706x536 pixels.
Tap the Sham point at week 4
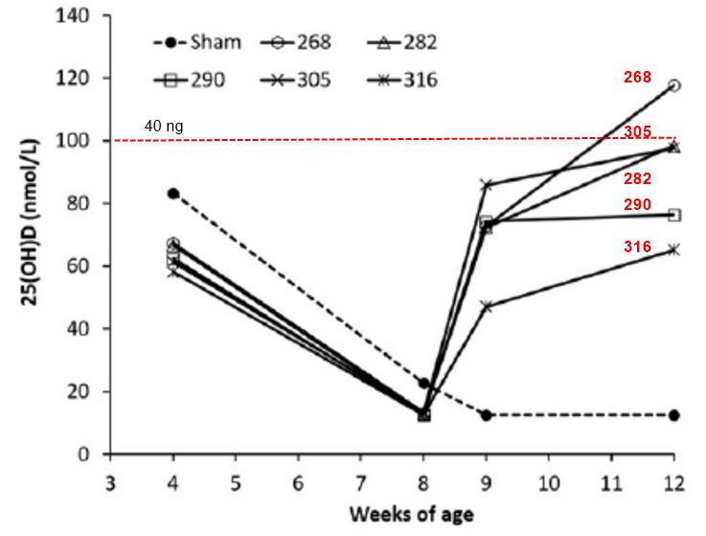pos(173,194)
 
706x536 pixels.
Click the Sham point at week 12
pos(674,415)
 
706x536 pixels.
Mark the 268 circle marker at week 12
pos(674,85)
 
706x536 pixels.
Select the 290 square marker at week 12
pos(674,215)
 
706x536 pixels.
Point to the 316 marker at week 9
pos(487,306)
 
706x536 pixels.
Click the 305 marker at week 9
pos(487,184)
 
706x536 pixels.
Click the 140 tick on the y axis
pos(84,16)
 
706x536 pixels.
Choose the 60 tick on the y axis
pos(88,267)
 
